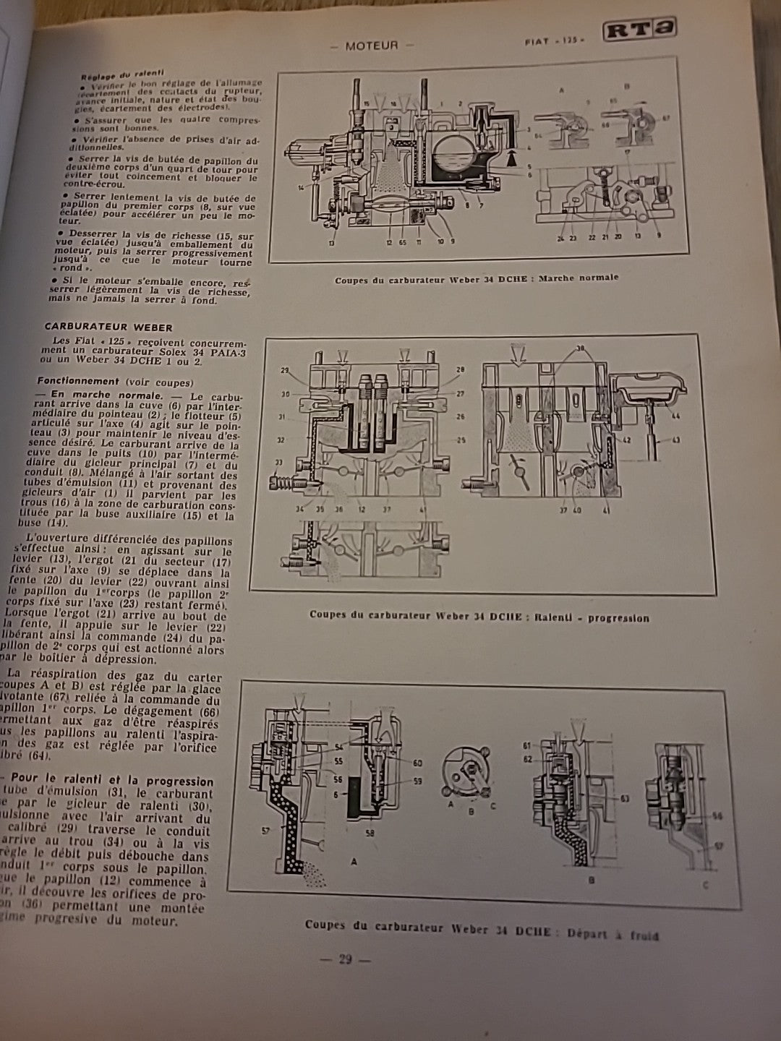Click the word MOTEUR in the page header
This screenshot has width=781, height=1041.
point(372,45)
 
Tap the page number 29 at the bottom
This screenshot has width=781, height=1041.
point(345,960)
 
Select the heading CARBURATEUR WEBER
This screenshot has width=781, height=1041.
point(108,327)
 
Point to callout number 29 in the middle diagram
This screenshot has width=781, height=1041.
point(286,369)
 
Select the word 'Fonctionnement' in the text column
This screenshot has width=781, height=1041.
point(78,381)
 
